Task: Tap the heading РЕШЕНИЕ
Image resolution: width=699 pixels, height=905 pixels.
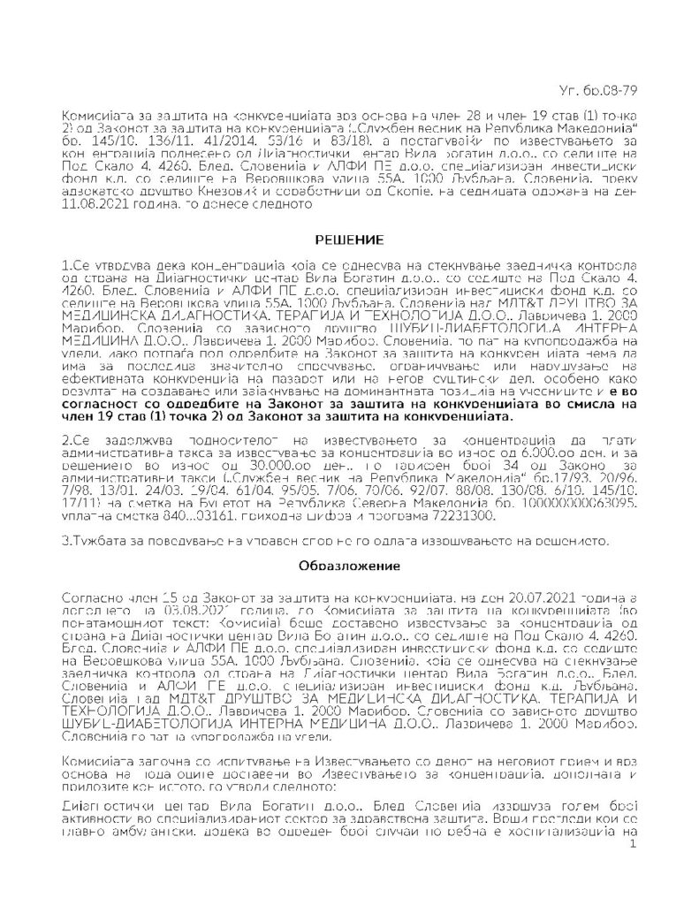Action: pos(348,240)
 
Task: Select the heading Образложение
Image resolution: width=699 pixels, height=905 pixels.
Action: pos(349,563)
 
